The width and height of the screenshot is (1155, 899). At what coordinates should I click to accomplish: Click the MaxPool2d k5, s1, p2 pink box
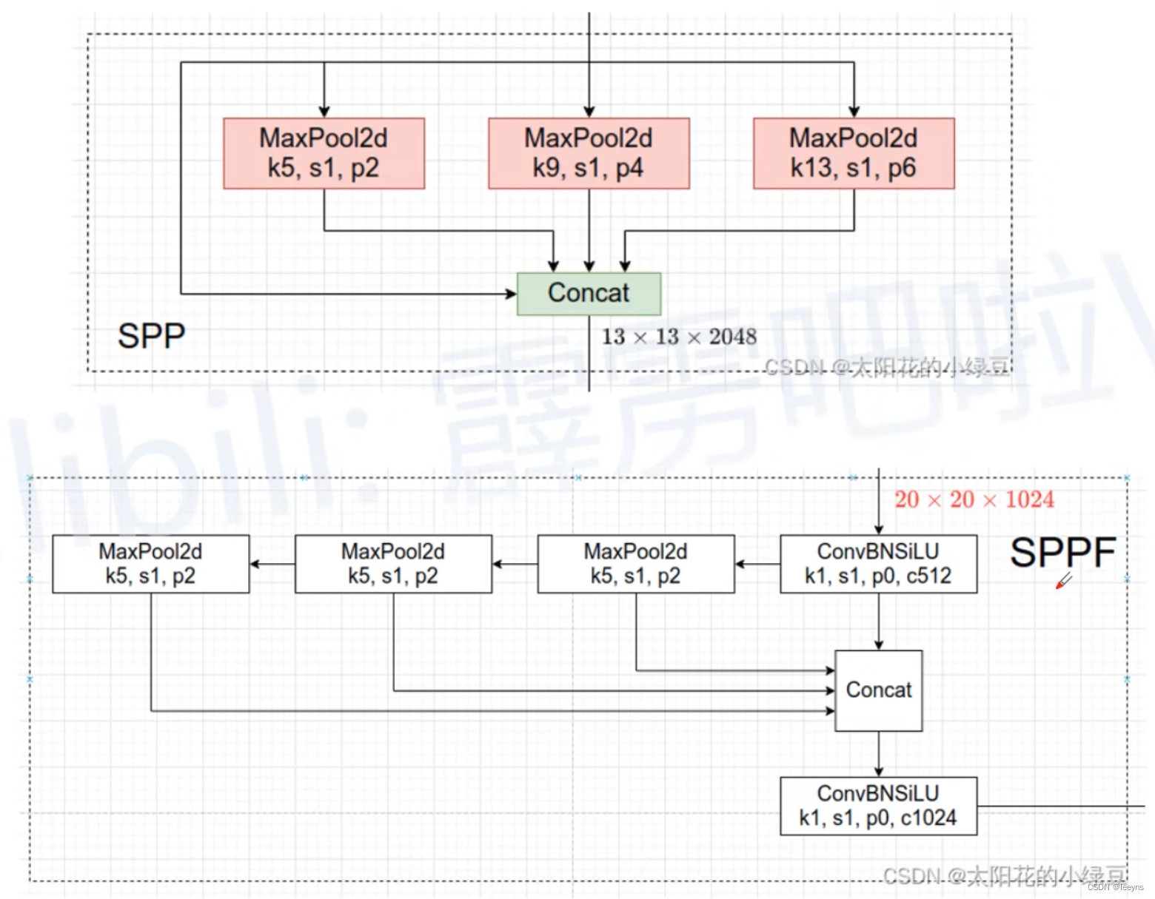pyautogui.click(x=324, y=153)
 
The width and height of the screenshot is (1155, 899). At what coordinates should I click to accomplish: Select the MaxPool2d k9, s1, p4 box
pyautogui.click(x=589, y=153)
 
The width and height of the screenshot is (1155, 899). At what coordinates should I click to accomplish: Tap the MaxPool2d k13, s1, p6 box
pyautogui.click(x=854, y=153)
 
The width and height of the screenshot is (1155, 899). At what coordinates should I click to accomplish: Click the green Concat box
pyautogui.click(x=589, y=294)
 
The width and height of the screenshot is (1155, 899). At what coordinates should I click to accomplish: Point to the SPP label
pyautogui.click(x=151, y=337)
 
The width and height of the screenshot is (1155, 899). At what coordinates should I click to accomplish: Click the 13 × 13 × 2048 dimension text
pyautogui.click(x=679, y=337)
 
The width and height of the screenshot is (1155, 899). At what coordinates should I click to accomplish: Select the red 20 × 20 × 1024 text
pyautogui.click(x=974, y=500)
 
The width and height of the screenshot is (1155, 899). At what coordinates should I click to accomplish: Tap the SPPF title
pyautogui.click(x=1062, y=553)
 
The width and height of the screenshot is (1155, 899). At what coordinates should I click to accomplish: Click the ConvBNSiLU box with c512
pyautogui.click(x=878, y=564)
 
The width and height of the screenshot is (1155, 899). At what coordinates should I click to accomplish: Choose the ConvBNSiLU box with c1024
pyautogui.click(x=878, y=806)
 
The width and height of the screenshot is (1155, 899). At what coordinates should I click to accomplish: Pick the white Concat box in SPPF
pyautogui.click(x=878, y=690)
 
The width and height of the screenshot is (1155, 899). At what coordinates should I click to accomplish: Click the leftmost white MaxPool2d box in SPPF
pyautogui.click(x=151, y=564)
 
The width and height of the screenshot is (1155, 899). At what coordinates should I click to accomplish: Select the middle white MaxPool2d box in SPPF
pyautogui.click(x=393, y=564)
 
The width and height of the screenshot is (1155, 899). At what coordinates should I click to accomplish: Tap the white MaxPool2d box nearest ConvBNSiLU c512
pyautogui.click(x=636, y=564)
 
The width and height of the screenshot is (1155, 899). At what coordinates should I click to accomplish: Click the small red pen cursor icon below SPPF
pyautogui.click(x=1063, y=581)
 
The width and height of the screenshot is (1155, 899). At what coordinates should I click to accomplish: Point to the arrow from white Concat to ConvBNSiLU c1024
pyautogui.click(x=879, y=754)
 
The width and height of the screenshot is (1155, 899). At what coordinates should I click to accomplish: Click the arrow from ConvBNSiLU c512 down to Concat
pyautogui.click(x=879, y=622)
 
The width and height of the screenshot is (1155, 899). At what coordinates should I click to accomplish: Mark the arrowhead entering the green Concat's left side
pyautogui.click(x=510, y=294)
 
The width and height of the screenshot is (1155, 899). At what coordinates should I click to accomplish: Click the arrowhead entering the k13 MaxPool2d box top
pyautogui.click(x=854, y=111)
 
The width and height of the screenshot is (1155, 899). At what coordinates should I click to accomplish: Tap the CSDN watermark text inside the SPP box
pyautogui.click(x=886, y=367)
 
